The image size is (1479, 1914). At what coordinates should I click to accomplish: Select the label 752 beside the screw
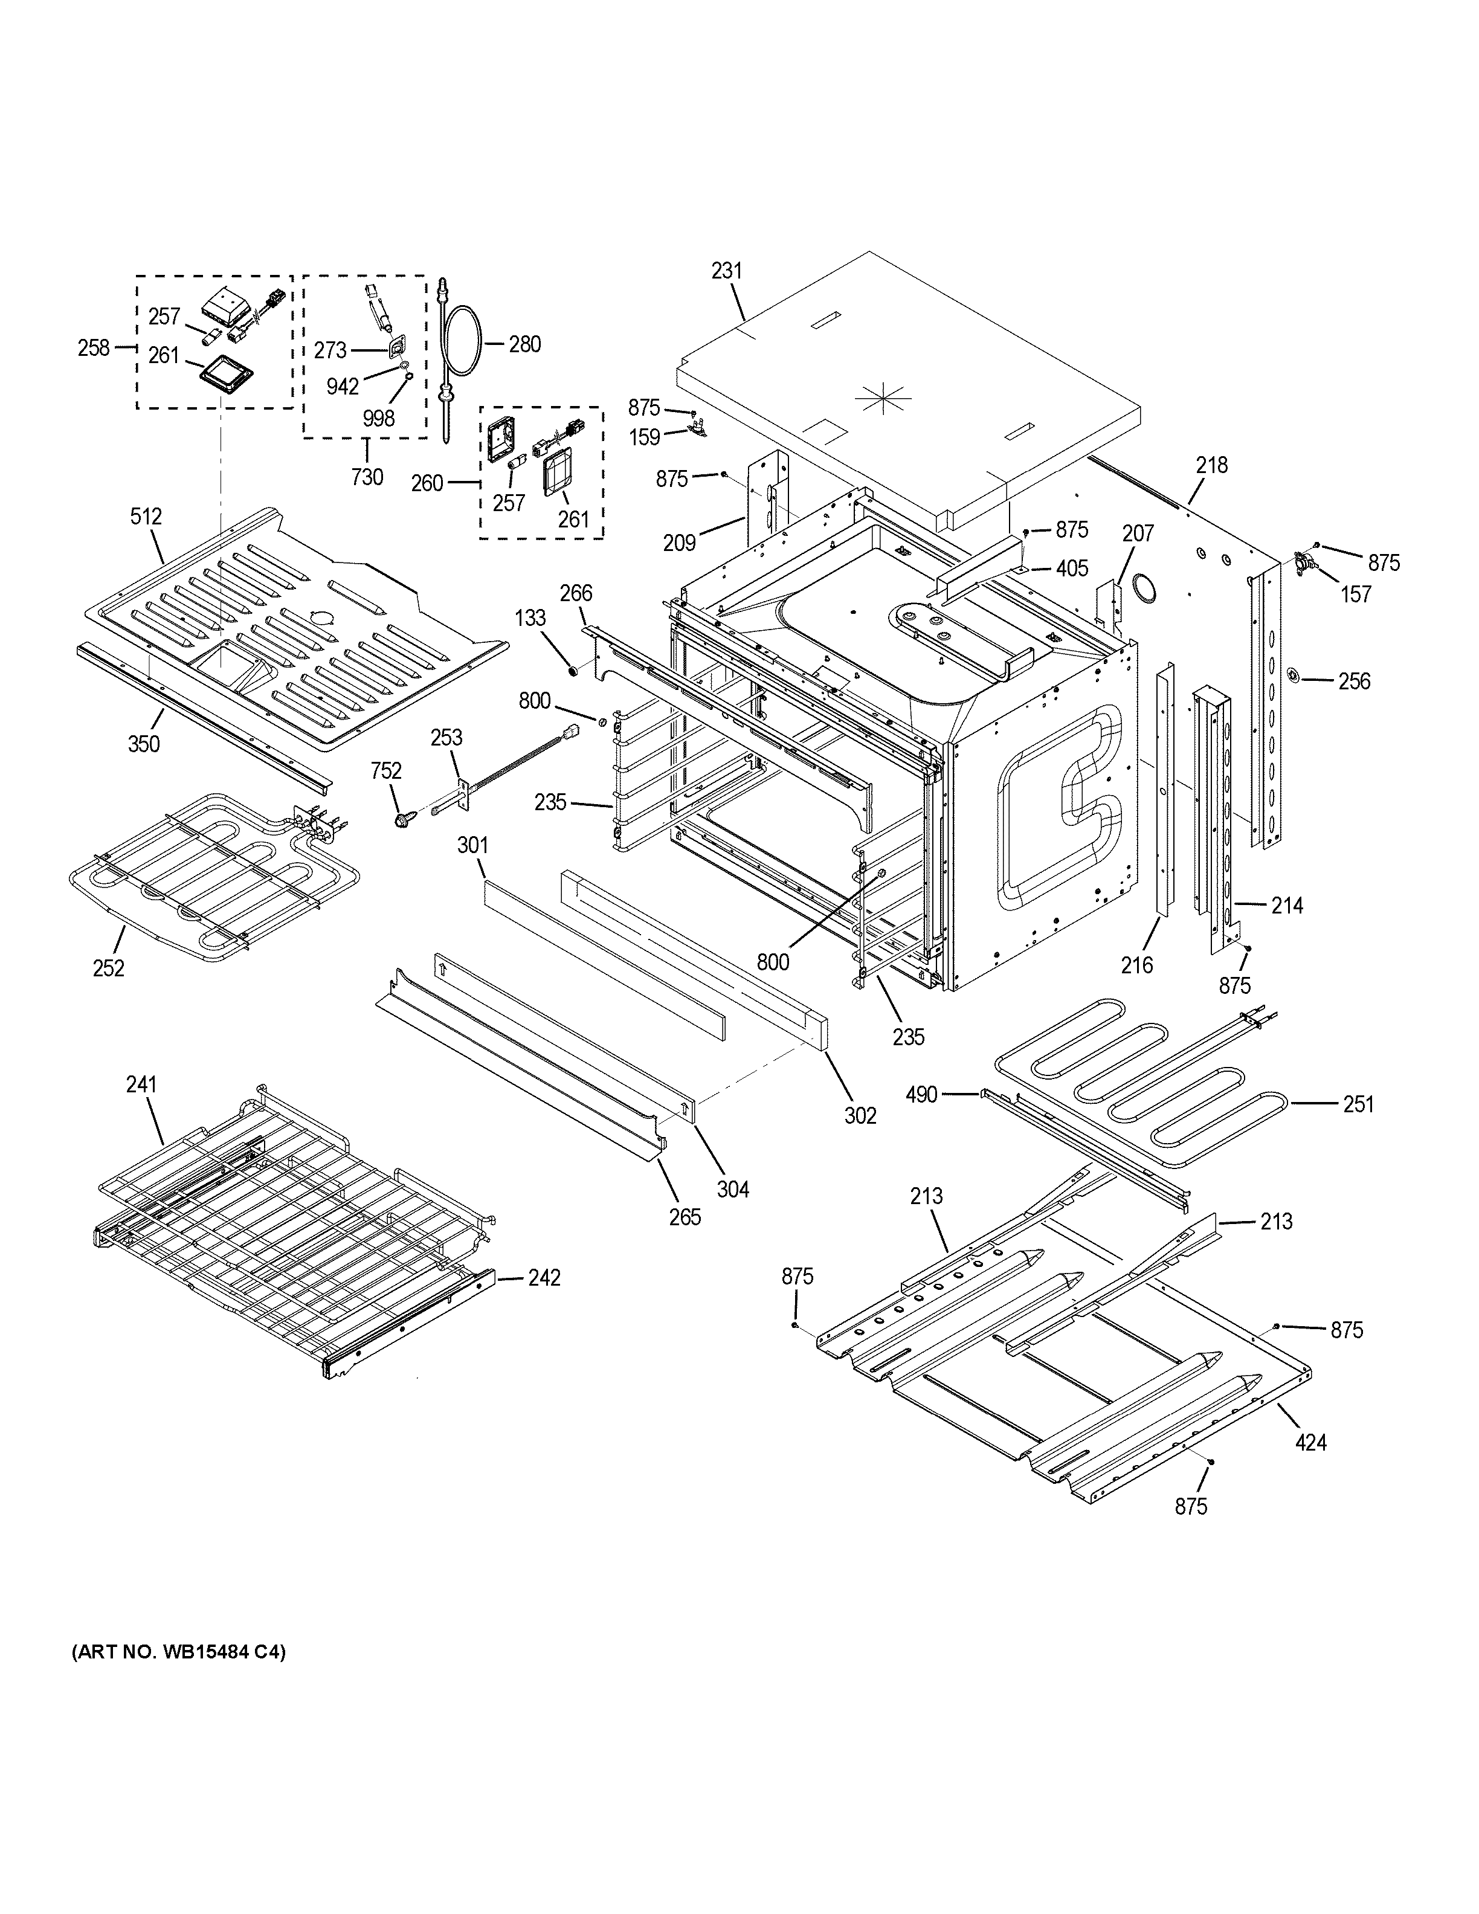(385, 771)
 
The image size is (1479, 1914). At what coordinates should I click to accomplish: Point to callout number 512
(146, 516)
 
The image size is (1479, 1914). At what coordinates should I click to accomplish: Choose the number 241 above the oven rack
(140, 1084)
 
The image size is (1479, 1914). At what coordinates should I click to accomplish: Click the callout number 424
(1311, 1442)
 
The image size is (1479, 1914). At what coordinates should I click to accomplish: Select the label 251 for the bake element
(1358, 1104)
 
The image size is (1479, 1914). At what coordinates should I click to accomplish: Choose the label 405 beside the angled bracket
(1072, 568)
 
